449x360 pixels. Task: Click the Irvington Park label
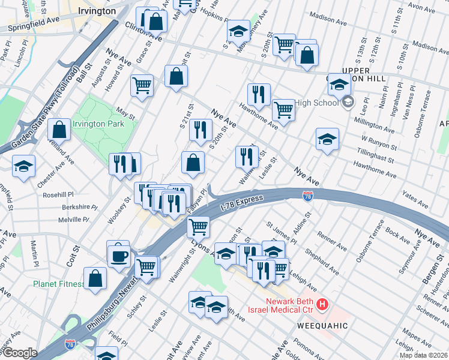click(x=98, y=124)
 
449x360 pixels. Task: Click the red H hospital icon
click(x=322, y=305)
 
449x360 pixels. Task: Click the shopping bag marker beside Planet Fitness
click(x=95, y=278)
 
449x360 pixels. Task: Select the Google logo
click(x=19, y=353)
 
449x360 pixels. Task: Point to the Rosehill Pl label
click(x=58, y=194)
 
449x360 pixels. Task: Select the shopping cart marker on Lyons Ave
click(x=197, y=226)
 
